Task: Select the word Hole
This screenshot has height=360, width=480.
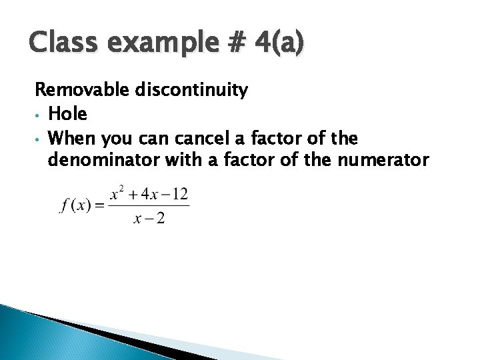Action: coord(69,114)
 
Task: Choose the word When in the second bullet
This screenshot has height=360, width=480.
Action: coord(71,139)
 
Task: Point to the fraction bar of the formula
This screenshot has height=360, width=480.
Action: coord(149,206)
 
